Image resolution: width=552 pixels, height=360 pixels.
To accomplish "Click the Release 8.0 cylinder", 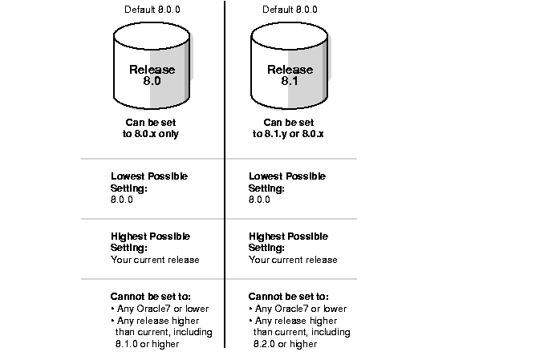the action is [152, 66].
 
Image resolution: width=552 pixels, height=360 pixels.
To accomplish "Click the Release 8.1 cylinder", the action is [290, 66].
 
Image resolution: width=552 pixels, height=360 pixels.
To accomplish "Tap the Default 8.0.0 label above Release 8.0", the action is [152, 10].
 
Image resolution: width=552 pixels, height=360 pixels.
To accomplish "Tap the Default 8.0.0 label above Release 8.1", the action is [290, 10].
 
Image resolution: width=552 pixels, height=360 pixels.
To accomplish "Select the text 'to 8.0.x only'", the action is [151, 134].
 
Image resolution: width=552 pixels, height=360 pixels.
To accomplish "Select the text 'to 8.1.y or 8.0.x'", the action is [288, 134].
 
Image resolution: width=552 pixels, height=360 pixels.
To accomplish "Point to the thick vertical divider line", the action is [225, 175].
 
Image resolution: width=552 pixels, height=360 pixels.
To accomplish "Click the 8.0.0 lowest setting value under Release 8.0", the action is [122, 200].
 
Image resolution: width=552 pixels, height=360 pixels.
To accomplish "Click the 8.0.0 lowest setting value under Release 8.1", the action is [259, 200].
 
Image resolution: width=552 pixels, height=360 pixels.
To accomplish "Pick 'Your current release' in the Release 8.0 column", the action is [155, 260].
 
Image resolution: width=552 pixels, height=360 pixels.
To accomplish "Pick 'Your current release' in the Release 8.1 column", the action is [293, 260].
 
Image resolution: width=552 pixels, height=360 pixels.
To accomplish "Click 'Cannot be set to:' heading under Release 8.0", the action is [150, 297].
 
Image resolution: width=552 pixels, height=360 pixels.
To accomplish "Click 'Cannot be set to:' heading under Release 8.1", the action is [288, 297].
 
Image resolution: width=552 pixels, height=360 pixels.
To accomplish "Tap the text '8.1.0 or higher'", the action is [147, 344].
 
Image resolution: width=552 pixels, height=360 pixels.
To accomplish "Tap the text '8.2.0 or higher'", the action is [285, 344].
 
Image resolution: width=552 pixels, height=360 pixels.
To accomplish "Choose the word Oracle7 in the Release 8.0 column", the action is [153, 309].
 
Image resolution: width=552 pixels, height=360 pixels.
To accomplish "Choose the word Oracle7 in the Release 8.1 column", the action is [291, 309].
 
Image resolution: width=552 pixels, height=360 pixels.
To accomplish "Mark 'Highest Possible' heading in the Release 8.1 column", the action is [288, 237].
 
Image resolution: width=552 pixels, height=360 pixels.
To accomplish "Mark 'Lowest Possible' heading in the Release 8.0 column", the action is [149, 176].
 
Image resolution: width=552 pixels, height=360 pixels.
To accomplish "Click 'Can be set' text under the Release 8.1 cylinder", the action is [289, 123].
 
